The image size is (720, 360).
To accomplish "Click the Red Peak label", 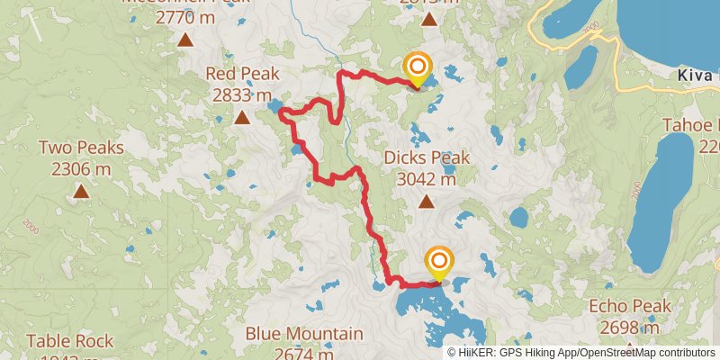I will click(x=242, y=74).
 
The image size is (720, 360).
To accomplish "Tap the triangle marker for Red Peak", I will click(x=242, y=117).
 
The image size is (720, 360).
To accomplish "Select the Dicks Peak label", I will click(x=427, y=158).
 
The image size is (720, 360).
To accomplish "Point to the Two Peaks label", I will click(x=81, y=147).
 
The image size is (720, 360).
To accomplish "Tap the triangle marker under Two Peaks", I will click(x=81, y=190).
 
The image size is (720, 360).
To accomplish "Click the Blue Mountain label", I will click(x=304, y=334).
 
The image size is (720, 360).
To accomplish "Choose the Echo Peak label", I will click(x=630, y=306).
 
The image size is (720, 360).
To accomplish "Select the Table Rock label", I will click(x=70, y=341).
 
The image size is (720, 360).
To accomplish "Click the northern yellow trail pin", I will click(x=418, y=67).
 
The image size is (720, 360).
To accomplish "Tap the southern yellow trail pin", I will click(x=439, y=261).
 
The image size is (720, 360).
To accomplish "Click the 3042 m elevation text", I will click(x=427, y=178).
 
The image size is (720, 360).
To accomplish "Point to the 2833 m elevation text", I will click(x=242, y=94).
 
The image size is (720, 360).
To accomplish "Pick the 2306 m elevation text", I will click(x=81, y=167).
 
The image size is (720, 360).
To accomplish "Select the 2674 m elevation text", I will click(x=304, y=354).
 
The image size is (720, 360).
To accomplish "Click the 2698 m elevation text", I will click(x=630, y=327).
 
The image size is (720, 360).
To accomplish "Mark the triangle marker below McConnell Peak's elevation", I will click(x=185, y=39).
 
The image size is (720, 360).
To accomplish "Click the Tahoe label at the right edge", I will click(x=693, y=125).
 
